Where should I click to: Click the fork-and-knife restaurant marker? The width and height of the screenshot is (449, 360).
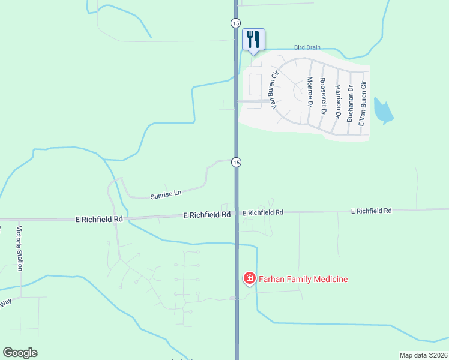coord(253,40)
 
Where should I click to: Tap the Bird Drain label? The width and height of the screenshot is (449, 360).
coord(308,47)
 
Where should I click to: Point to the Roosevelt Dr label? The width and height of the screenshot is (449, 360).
coord(324,96)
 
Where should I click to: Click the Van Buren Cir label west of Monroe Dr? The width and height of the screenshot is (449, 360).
coord(275,91)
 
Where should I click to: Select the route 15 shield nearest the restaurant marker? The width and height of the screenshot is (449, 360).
coord(235,23)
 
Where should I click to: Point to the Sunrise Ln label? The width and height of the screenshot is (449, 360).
coord(166,194)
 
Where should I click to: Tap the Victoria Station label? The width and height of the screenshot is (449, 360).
coord(19,248)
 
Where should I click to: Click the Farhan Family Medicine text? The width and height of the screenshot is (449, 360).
coord(303,278)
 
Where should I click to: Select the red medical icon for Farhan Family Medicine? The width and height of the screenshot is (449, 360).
coord(248,278)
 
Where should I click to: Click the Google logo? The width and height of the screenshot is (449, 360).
coord(20,353)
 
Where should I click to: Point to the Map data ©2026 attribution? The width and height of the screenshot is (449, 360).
coord(423,355)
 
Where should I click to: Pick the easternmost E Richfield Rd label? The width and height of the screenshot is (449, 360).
coord(371,211)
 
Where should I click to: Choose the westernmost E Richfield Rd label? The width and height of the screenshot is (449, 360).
coord(99,220)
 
